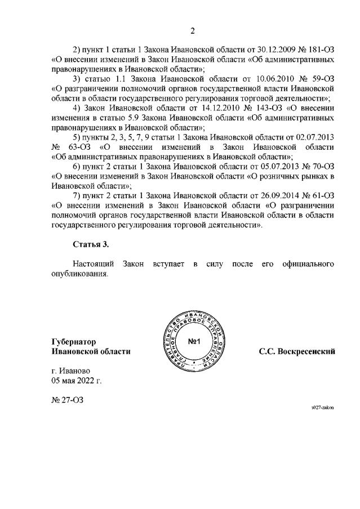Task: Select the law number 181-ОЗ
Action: pos(323,48)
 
